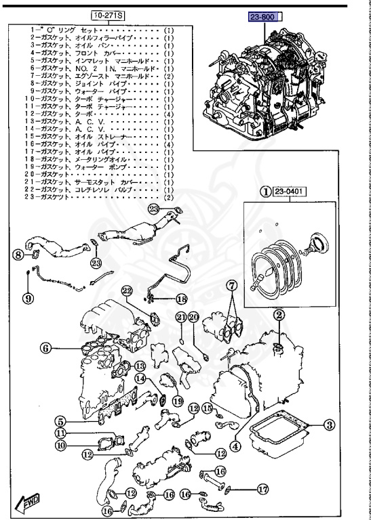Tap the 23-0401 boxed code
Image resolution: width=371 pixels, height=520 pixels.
point(290,192)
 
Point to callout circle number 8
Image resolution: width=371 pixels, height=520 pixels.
point(18,255)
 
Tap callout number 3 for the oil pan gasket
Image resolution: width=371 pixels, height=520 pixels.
point(328,425)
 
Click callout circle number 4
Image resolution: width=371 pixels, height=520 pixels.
point(235,446)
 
